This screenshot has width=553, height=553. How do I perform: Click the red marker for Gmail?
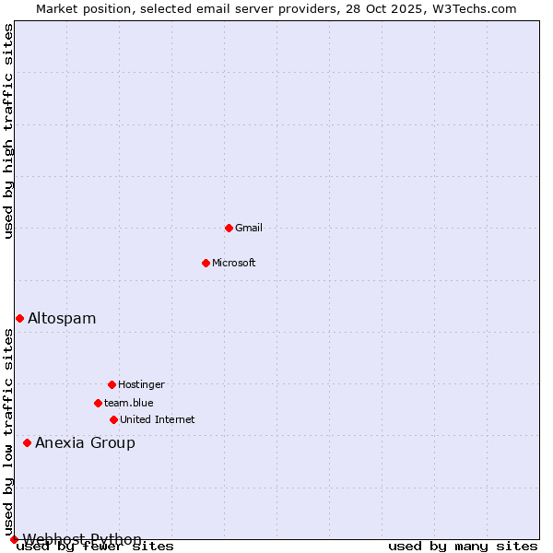click(229, 228)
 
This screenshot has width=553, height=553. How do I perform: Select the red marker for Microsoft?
click(206, 263)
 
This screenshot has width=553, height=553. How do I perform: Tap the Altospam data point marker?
click(19, 318)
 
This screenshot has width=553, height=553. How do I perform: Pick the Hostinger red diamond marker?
click(112, 384)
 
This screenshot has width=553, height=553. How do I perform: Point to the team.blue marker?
click(98, 403)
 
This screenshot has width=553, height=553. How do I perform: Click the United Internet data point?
click(113, 419)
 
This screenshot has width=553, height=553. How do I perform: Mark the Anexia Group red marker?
click(27, 442)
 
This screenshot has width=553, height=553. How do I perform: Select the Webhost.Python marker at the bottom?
click(14, 539)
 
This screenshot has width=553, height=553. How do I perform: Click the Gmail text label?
click(249, 228)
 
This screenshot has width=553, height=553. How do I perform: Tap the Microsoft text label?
click(234, 263)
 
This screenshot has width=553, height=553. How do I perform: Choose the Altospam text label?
click(62, 318)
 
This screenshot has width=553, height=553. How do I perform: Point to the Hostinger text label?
click(141, 384)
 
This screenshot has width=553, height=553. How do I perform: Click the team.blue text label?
click(129, 403)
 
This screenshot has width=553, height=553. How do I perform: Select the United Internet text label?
click(158, 419)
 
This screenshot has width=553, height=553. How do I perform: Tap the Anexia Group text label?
click(85, 442)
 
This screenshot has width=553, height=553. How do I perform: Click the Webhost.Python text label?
click(82, 539)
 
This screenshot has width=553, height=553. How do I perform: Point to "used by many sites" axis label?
click(463, 547)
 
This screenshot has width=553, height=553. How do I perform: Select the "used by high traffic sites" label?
click(8, 131)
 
